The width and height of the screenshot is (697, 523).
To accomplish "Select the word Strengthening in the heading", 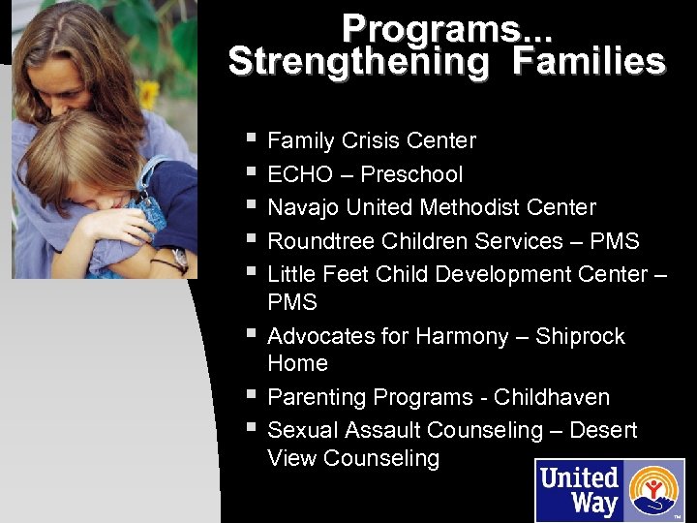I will click(358, 62).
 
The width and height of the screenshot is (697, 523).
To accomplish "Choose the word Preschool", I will click(411, 175).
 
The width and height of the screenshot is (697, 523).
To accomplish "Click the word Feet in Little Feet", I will click(346, 275).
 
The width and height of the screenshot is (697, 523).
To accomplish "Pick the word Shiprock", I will click(580, 337).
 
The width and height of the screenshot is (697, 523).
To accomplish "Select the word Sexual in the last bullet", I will click(297, 430).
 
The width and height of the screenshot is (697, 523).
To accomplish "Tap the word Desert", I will click(603, 430).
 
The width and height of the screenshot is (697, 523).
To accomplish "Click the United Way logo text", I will click(579, 490).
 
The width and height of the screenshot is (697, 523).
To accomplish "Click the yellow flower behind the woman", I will click(148, 94).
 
